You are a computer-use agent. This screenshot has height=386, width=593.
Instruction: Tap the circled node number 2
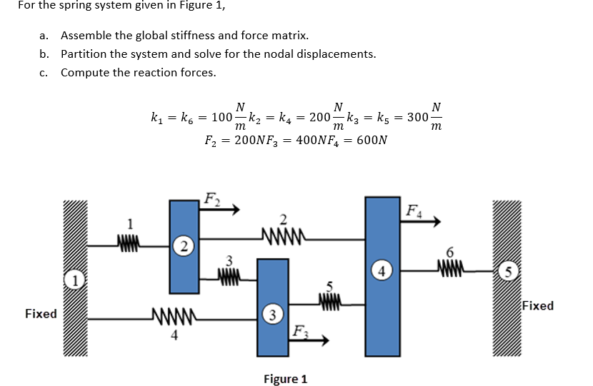click(184, 247)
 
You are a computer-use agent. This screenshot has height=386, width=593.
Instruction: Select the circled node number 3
click(271, 313)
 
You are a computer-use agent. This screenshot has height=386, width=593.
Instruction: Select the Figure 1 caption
click(285, 378)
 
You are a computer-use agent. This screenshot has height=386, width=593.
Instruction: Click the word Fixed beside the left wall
click(41, 313)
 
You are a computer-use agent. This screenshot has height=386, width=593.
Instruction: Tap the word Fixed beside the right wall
click(537, 305)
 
